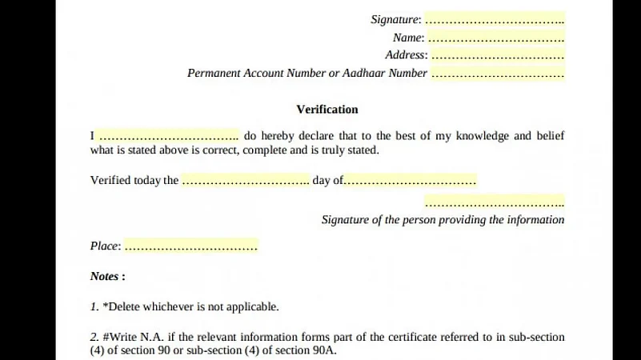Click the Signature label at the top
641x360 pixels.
tap(395, 19)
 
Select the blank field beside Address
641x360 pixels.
tap(498, 56)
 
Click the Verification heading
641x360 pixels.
tap(327, 110)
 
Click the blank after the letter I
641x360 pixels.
tap(168, 136)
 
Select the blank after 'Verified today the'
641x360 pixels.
tap(245, 181)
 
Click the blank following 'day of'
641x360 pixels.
tap(410, 181)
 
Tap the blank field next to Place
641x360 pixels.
tap(190, 246)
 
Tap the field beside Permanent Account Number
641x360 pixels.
tap(498, 74)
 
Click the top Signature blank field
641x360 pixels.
tap(495, 19)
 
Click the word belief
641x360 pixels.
tap(549, 136)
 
